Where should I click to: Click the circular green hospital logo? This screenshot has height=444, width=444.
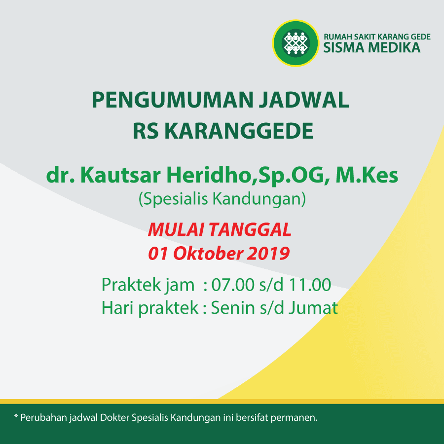296,43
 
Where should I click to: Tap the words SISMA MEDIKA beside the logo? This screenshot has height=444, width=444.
372,47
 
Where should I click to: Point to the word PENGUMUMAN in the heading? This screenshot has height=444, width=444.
173,100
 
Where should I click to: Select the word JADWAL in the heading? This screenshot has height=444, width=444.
304,100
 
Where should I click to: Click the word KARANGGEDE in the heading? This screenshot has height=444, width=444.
239,131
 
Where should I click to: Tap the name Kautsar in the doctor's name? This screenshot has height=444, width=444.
121,175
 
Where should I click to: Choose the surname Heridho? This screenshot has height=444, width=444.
209,175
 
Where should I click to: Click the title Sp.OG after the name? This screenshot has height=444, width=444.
291,176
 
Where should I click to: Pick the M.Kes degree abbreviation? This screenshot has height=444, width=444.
367,175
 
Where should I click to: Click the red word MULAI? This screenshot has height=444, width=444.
176,229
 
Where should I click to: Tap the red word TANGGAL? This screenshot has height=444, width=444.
251,229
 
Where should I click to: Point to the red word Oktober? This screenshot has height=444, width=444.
208,253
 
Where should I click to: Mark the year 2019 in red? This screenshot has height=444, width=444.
268,254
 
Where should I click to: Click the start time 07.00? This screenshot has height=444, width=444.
233,285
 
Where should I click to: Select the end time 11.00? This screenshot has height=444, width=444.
309,285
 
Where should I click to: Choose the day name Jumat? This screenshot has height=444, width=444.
313,308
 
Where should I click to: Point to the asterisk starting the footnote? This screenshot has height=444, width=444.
16,416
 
